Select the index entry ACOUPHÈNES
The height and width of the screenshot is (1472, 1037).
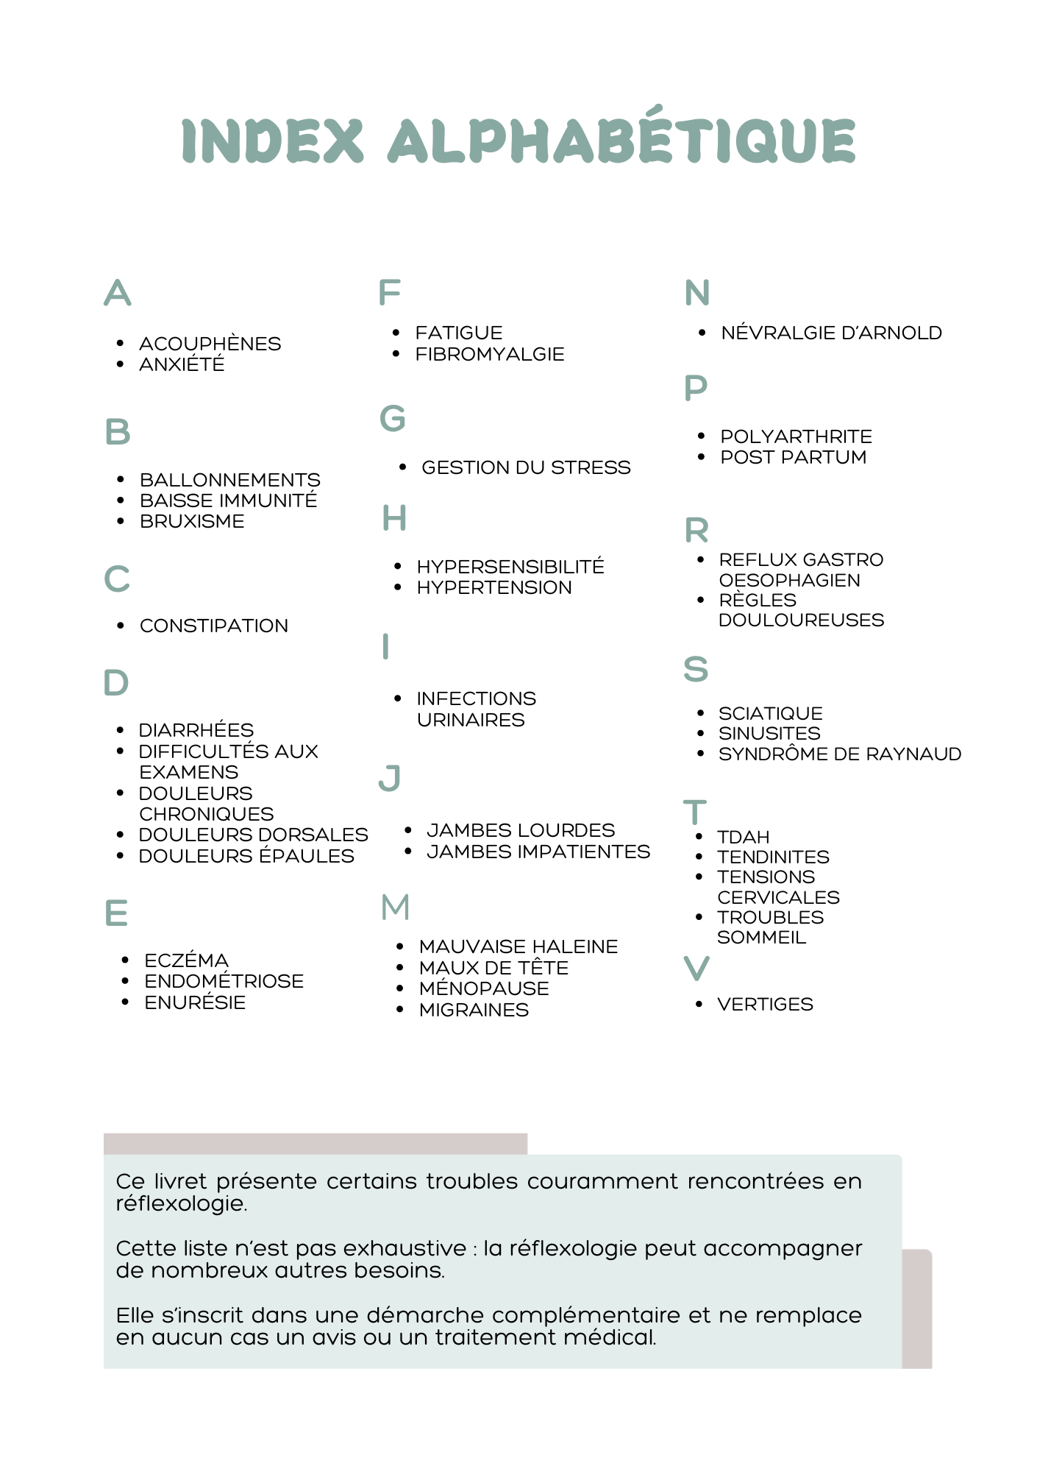tap(210, 344)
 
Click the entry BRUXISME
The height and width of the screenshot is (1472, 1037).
tap(192, 521)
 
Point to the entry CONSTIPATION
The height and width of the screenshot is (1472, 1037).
tap(214, 626)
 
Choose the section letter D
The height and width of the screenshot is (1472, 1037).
tap(116, 683)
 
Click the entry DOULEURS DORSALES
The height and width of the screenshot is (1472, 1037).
tap(253, 835)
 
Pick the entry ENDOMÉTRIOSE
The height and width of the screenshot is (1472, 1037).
tap(224, 981)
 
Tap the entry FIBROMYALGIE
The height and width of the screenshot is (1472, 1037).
tap(490, 354)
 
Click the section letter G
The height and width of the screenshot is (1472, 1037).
tap(393, 419)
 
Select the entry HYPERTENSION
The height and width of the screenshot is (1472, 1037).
tap(494, 587)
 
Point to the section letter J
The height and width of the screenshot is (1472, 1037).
tap(390, 778)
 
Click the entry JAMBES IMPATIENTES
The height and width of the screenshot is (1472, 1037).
tap(538, 852)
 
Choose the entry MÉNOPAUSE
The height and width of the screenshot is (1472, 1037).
tap(484, 988)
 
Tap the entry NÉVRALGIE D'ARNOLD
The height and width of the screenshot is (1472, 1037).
tap(831, 333)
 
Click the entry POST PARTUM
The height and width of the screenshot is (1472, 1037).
tap(793, 457)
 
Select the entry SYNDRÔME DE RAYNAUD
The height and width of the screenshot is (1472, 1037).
tap(840, 754)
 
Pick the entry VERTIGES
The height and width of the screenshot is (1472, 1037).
tap(765, 1004)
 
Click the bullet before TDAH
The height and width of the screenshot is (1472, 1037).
tap(699, 837)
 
